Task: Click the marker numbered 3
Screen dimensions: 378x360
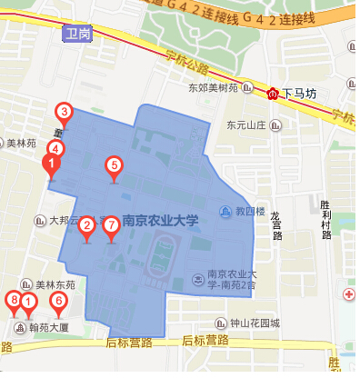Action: pyautogui.click(x=65, y=114)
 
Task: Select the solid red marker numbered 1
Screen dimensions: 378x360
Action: pyautogui.click(x=52, y=164)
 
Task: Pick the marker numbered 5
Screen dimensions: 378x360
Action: pyautogui.click(x=114, y=166)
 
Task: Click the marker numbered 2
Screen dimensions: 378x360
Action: pyautogui.click(x=86, y=225)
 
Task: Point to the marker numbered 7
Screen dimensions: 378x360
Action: pyautogui.click(x=111, y=225)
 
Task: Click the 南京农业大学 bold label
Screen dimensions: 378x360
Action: pyautogui.click(x=159, y=220)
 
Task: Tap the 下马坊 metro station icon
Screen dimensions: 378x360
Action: pyautogui.click(x=273, y=93)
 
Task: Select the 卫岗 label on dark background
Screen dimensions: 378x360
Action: pyautogui.click(x=80, y=35)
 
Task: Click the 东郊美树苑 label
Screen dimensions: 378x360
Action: pyautogui.click(x=212, y=88)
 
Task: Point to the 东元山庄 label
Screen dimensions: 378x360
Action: pyautogui.click(x=245, y=124)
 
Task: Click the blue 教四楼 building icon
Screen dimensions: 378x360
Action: pyautogui.click(x=225, y=213)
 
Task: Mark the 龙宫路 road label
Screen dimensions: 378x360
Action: pyautogui.click(x=275, y=223)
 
